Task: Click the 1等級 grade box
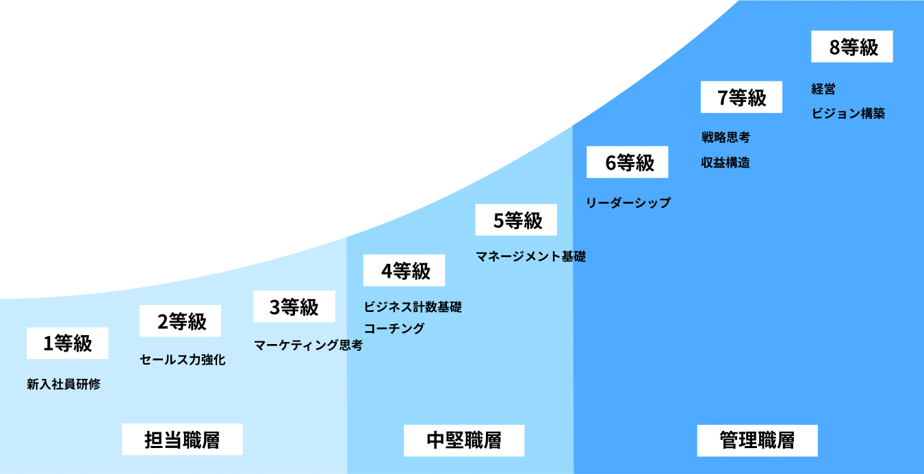tap(67, 343)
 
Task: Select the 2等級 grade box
tap(180, 321)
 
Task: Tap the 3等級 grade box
tap(294, 307)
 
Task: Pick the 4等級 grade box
tap(404, 271)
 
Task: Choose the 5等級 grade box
tap(516, 220)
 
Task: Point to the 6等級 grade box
tap(628, 162)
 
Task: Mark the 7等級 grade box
tap(741, 97)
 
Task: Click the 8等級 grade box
tap(852, 47)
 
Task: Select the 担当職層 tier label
tap(182, 440)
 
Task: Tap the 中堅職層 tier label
tap(463, 440)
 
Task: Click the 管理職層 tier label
tap(757, 440)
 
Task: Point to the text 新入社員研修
tap(64, 384)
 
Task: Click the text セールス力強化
tap(182, 360)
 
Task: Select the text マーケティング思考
tap(308, 345)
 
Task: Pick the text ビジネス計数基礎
tap(413, 306)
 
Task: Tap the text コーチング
tap(394, 328)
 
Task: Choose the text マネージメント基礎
tap(530, 256)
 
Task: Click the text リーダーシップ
tap(628, 202)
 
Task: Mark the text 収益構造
tap(725, 163)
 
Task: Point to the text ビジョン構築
tap(848, 114)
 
